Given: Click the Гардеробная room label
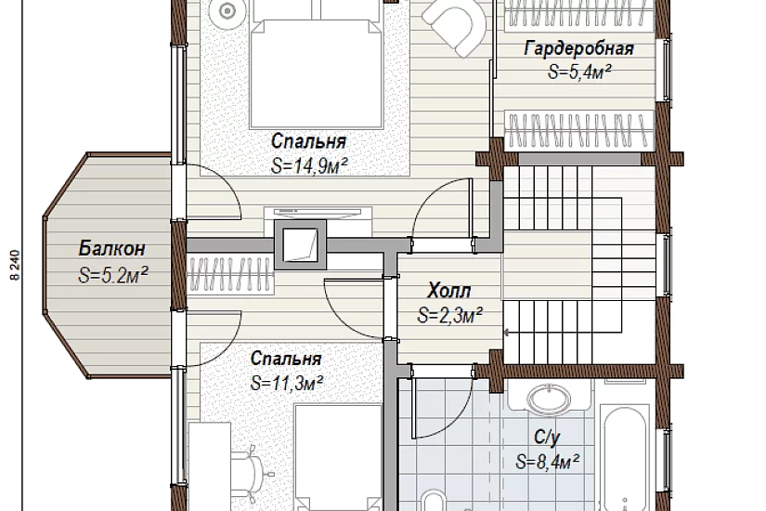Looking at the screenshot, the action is coord(578,49).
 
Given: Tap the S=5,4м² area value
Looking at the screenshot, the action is coord(580,72).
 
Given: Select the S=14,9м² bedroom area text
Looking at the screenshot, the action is coord(309,166).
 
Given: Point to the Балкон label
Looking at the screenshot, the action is coord(111,248).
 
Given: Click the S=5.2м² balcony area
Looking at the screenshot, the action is coord(113,275).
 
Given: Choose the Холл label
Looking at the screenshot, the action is coord(449,291).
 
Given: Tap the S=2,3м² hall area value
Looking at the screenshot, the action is coord(450,315).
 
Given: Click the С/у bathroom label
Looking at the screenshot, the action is coord(547,438).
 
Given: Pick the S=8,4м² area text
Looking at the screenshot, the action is coord(548,462).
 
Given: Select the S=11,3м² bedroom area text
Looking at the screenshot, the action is coord(287,383).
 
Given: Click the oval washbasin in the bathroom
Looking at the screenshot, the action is coord(550,400).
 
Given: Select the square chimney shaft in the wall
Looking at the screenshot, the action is coord(300,244).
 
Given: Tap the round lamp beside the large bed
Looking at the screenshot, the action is coord(227,11).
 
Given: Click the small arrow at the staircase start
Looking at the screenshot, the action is coord(507,333).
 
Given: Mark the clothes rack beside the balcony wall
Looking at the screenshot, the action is coord(229,275).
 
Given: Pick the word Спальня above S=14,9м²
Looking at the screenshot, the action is coord(309,141).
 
